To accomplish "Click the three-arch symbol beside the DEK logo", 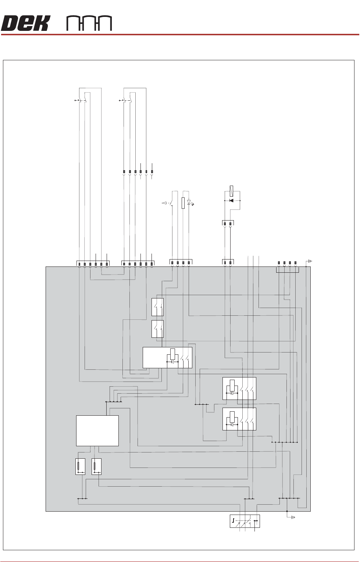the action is [89, 24].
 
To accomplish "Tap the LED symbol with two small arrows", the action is [189, 203].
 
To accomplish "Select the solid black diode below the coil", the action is [231, 200].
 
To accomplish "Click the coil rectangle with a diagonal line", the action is [231, 191].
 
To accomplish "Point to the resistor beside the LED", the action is [183, 203].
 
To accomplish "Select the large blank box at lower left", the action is [97, 430].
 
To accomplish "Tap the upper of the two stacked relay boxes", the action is [239, 388].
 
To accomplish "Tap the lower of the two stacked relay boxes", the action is [239, 419].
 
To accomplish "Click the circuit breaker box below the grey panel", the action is [244, 521].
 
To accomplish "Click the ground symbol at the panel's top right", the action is [310, 261].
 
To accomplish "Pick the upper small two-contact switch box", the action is [157, 307].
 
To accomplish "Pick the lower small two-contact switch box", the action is [157, 329].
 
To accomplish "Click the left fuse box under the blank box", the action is [80, 466].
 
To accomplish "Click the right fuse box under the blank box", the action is [96, 466].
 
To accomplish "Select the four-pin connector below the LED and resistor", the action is [181, 262].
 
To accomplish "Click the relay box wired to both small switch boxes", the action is [167, 357].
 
